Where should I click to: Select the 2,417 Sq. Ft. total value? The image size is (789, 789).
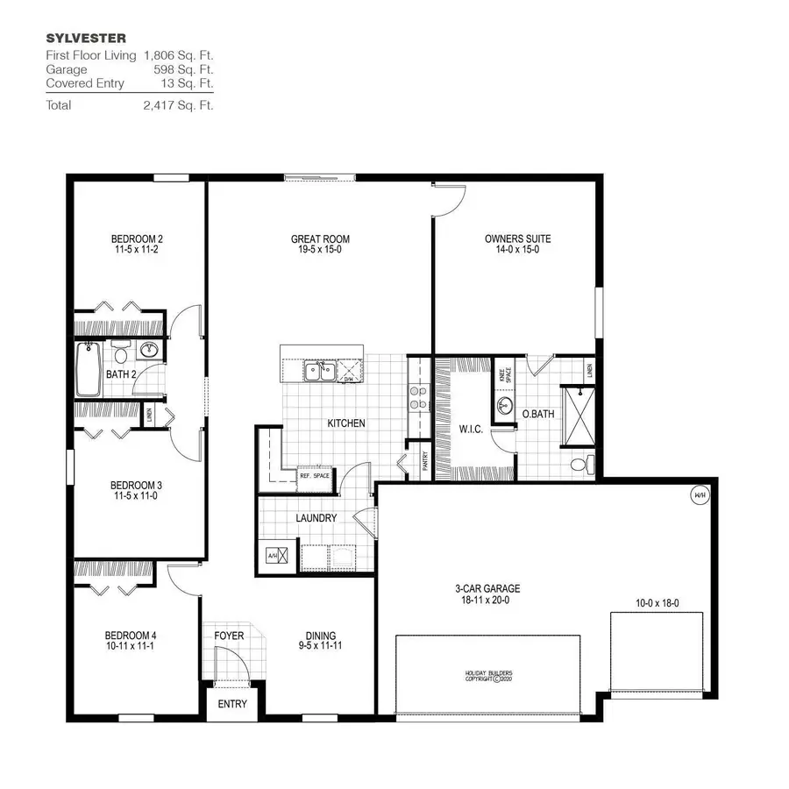pos(178,104)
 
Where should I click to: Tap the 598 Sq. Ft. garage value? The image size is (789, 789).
pos(185,69)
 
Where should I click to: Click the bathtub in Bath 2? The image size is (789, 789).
pos(89,370)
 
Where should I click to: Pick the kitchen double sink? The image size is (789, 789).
pos(318,371)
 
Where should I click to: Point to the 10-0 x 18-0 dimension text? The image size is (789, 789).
pos(657,603)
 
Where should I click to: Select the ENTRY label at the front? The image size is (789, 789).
pos(232,704)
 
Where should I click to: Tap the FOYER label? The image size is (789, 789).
pos(229,636)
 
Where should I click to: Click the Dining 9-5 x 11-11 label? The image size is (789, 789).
pos(320,642)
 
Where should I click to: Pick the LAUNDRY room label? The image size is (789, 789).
pos(316,518)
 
